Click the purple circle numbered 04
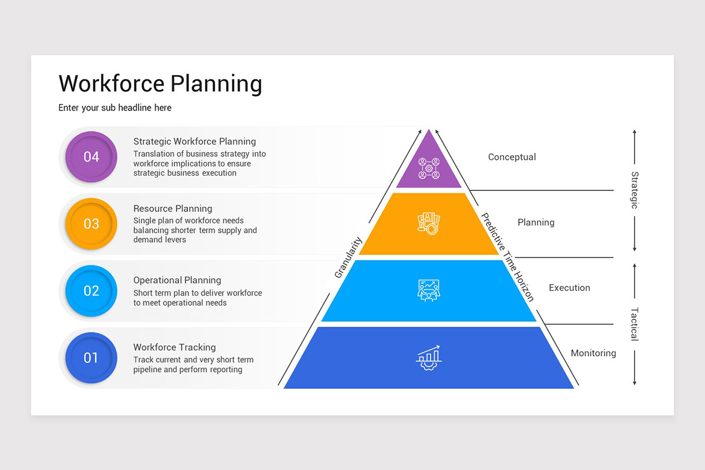91,157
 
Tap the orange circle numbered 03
91,224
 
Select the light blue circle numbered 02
91,291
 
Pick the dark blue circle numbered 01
91,358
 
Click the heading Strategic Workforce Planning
194,142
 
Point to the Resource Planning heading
173,209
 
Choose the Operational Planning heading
177,280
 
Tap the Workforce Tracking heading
174,347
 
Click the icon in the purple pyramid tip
429,168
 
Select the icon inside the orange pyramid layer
429,224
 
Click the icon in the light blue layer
429,290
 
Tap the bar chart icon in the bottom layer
429,357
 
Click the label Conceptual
512,157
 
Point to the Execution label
569,288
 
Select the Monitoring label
593,353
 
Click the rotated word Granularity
348,257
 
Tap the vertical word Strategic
634,190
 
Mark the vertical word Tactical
634,324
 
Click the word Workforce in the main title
112,83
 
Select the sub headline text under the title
115,108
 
